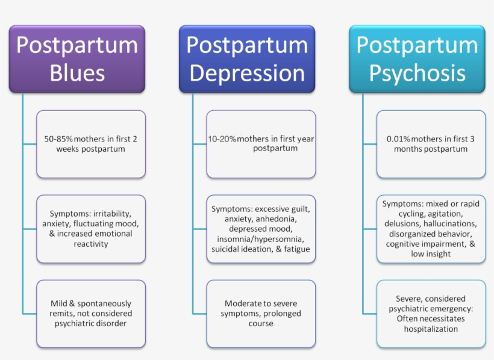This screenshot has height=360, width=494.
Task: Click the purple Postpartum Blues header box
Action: [x=77, y=59]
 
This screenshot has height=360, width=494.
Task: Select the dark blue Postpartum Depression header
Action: [x=247, y=59]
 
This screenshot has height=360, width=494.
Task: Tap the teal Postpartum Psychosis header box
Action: [x=417, y=59]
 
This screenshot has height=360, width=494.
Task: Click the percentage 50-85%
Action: [x=58, y=139]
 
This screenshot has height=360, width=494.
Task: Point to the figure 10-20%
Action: [x=222, y=139]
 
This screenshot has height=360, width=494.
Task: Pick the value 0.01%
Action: [x=398, y=139]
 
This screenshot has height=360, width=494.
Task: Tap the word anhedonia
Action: [x=277, y=219]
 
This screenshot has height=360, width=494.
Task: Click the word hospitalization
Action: [x=431, y=329]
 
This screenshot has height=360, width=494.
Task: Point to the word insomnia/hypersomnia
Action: [x=260, y=240]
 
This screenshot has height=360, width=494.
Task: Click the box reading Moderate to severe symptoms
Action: [x=261, y=314]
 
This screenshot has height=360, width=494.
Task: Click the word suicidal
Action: [x=225, y=249]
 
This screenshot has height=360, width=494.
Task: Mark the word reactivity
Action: [x=91, y=244]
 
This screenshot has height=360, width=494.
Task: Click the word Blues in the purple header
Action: [x=77, y=73]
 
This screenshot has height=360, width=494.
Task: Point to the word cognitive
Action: [x=404, y=244]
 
